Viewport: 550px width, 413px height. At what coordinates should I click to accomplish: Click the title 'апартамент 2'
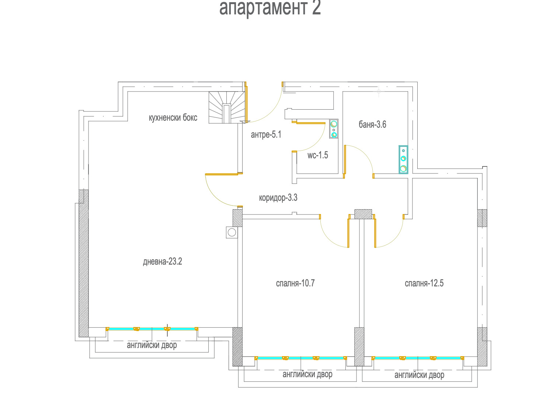[x=270, y=8]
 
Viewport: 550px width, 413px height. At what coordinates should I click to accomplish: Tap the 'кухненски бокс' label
[x=173, y=118]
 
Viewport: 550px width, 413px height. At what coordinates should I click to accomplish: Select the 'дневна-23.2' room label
[x=162, y=262]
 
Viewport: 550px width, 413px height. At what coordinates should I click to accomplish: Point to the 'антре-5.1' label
[x=266, y=135]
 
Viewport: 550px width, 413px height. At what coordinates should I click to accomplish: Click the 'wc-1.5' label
[x=317, y=155]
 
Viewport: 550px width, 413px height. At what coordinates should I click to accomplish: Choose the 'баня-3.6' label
[x=372, y=124]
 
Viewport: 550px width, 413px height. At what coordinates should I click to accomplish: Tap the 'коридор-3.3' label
[x=278, y=198]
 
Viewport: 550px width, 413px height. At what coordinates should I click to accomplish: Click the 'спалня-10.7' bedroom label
[x=295, y=283]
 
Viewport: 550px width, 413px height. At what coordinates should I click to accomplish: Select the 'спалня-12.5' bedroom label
[x=424, y=283]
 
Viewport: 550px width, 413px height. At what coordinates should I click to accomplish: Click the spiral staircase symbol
[x=227, y=107]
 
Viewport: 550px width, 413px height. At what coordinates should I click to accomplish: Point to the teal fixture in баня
[x=403, y=160]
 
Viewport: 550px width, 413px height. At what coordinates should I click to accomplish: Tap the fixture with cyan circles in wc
[x=334, y=129]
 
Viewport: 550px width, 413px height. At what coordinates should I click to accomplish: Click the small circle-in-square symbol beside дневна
[x=232, y=233]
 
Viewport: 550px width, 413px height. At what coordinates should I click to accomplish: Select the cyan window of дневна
[x=152, y=329]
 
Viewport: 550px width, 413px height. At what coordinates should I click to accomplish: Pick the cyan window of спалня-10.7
[x=301, y=358]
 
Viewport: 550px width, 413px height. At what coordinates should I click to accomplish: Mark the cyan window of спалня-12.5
[x=418, y=358]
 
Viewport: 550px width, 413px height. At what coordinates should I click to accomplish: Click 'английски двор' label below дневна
[x=152, y=345]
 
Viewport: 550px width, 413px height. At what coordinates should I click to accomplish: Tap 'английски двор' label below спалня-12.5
[x=419, y=375]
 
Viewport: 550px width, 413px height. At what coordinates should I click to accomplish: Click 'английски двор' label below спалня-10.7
[x=307, y=374]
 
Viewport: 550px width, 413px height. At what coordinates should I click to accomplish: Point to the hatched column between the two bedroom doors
[x=363, y=214]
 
